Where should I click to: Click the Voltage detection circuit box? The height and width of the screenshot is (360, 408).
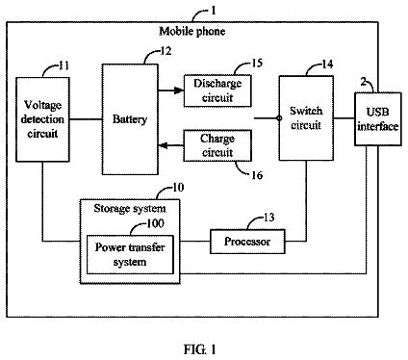coord(42,119)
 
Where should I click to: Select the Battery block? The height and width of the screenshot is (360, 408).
coord(130,119)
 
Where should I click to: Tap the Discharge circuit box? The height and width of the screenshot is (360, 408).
coord(217,90)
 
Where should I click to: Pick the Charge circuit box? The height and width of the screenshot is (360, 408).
coord(217,145)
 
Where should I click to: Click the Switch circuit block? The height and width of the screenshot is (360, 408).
coord(306,118)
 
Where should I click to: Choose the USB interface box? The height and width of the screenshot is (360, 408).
coord(378,119)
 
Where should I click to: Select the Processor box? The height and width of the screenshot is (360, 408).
coord(247,242)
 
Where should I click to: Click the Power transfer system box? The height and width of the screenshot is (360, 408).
coord(130,255)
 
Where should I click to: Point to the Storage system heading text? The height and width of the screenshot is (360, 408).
coord(130,209)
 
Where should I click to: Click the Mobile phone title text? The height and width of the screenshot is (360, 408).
coord(192,32)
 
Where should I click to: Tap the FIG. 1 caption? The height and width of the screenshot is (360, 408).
coord(200,349)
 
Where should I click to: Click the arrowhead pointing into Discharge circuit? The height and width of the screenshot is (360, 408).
coord(179,90)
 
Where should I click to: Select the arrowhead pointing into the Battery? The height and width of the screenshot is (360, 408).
coord(163,146)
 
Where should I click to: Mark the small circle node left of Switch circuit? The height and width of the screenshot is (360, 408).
coord(279,118)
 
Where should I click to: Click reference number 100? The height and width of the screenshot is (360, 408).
coord(155,223)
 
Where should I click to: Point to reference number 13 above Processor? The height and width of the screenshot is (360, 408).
coord(269,218)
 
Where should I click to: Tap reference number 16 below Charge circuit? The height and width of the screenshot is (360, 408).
coord(257,175)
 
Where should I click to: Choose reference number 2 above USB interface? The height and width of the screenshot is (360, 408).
coord(363,82)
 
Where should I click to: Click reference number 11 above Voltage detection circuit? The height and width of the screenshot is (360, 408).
coord(64,65)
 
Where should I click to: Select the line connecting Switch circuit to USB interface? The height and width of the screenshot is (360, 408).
coord(344,118)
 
